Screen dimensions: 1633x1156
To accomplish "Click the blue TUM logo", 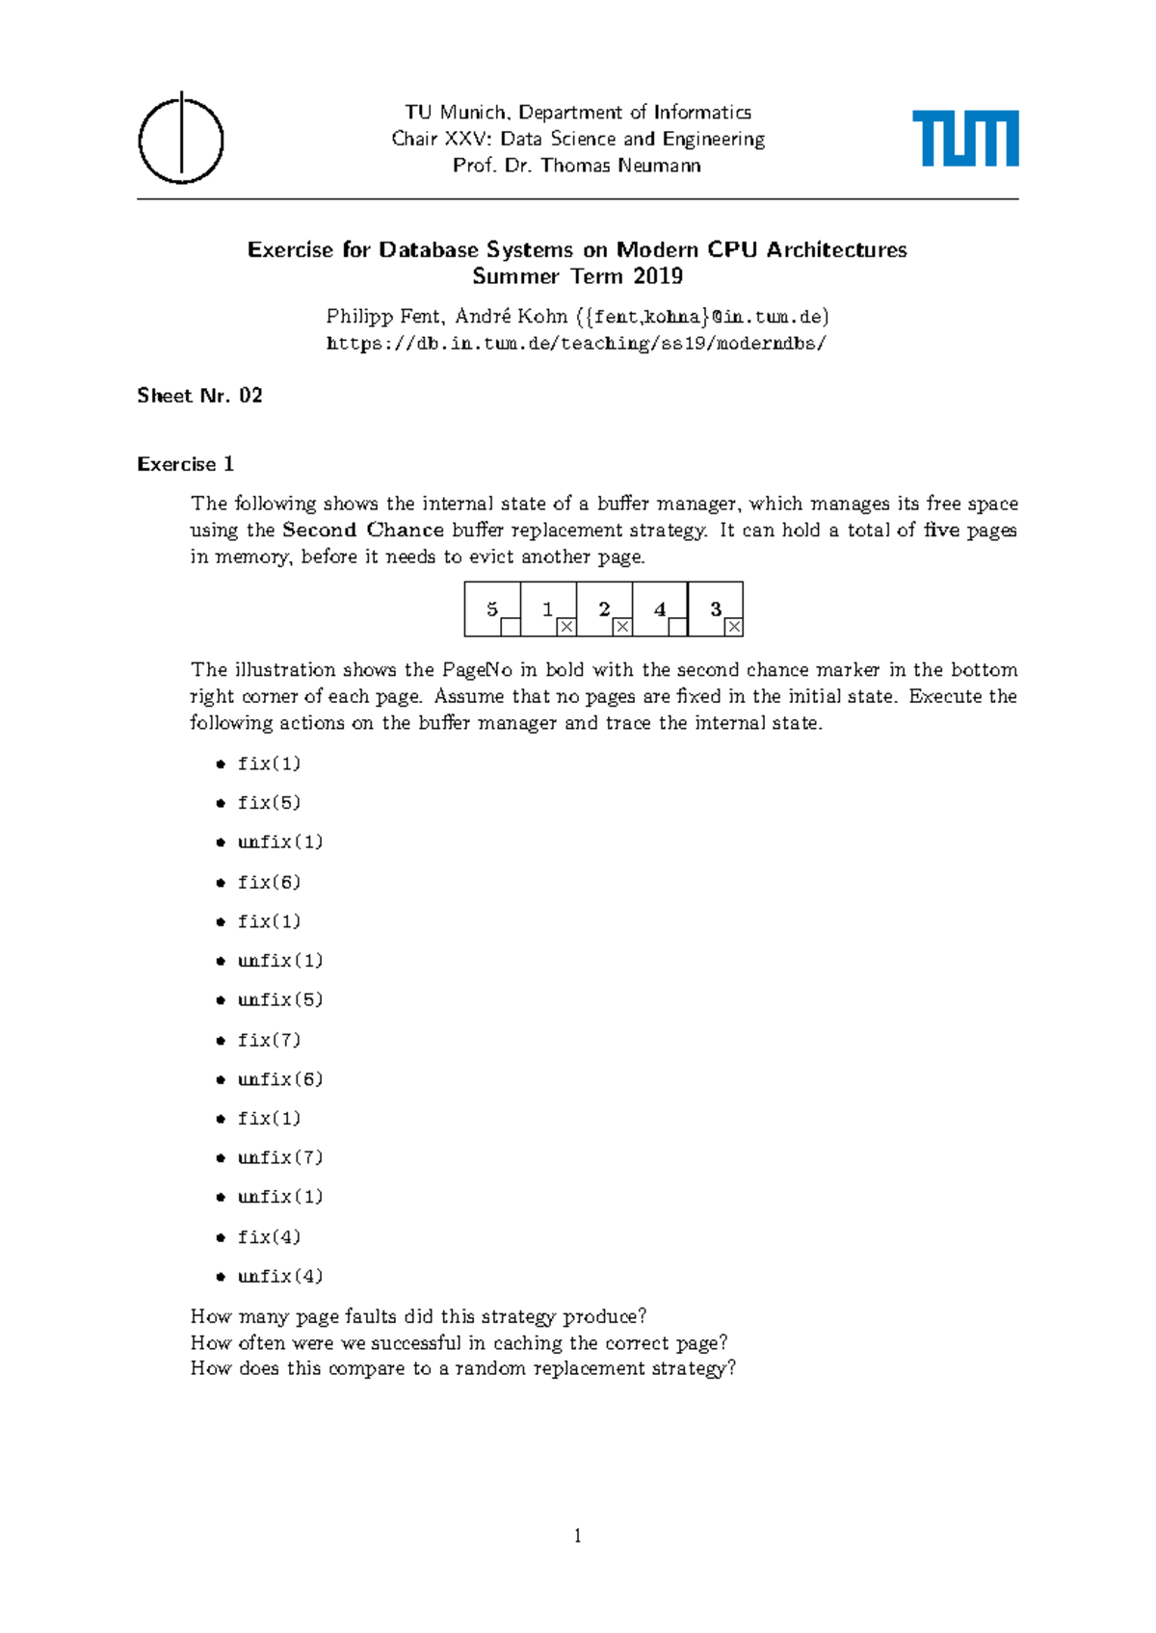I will tap(965, 139).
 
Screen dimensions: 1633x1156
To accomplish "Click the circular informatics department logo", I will tap(181, 140).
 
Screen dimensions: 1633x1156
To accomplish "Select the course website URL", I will tap(576, 344).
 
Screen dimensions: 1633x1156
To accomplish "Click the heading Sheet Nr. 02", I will tap(199, 396).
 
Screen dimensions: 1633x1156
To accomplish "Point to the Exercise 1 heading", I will tap(185, 464).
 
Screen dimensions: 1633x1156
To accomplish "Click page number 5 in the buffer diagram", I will tap(492, 609).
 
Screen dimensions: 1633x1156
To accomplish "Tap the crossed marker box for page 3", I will tap(734, 627).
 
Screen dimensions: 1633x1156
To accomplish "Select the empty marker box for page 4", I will tap(677, 627).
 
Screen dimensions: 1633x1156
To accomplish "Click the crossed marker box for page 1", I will tap(566, 627).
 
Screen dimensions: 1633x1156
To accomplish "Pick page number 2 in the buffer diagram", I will tap(604, 609).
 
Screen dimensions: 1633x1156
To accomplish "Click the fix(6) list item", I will tap(269, 882).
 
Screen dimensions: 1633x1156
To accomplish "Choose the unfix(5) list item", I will tap(279, 999).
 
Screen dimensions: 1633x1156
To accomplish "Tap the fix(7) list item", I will tap(269, 1040).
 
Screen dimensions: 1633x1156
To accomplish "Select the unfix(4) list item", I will tap(279, 1277).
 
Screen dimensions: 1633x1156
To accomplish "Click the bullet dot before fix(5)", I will tap(221, 803).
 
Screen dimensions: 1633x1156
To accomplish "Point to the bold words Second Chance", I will tap(363, 530).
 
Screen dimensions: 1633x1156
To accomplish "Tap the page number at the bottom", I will tap(578, 1536).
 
